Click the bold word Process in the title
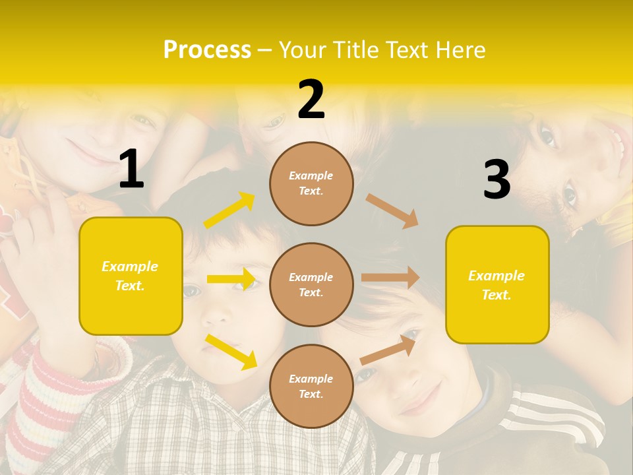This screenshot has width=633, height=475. click(x=207, y=50)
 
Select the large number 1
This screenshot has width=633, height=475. click(x=131, y=170)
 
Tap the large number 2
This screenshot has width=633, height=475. click(x=311, y=100)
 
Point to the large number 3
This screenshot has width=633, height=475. click(x=497, y=180)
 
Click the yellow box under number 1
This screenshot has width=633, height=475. click(x=131, y=276)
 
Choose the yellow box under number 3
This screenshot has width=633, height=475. click(x=497, y=284)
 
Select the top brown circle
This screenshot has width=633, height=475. click(x=311, y=183)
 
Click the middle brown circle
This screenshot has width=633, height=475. click(x=311, y=284)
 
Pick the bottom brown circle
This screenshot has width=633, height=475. click(x=311, y=386)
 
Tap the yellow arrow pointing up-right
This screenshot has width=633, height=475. click(x=229, y=210)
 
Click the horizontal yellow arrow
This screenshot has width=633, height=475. click(x=231, y=279)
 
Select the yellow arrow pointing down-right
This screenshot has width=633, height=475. click(x=231, y=352)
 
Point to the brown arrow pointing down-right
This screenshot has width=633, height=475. click(x=392, y=210)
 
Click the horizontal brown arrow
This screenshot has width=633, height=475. click(x=390, y=278)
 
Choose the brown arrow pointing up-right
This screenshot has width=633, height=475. click(x=390, y=349)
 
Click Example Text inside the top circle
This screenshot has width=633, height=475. click(x=311, y=183)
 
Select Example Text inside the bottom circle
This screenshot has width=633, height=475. click(x=311, y=386)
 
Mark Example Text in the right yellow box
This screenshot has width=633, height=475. click(x=497, y=285)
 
